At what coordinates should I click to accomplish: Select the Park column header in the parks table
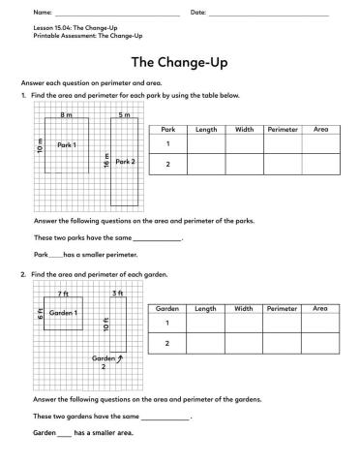(167, 128)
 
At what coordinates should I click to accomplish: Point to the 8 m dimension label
(67, 115)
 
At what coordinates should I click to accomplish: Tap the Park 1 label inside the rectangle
(66, 144)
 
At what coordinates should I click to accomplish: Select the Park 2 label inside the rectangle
(126, 162)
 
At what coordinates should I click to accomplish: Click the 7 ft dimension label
(63, 293)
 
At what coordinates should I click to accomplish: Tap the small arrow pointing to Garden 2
(119, 359)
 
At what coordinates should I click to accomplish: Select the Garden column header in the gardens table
(167, 308)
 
